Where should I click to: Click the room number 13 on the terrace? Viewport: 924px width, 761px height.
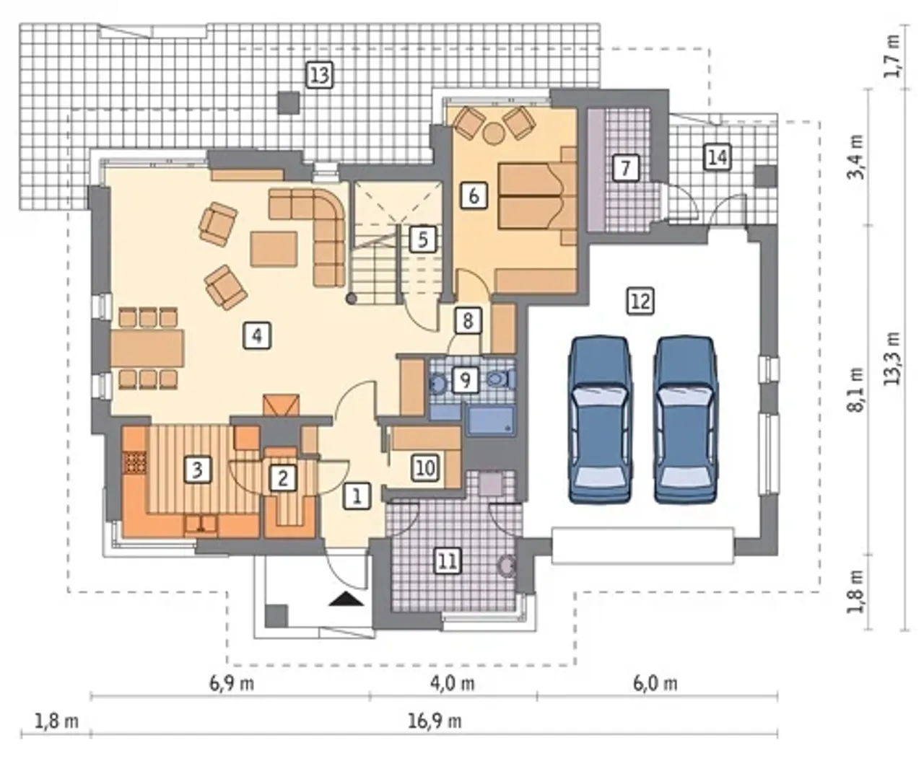[320, 75]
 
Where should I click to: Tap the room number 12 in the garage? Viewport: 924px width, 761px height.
[641, 302]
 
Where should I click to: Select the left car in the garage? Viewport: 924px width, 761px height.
[599, 420]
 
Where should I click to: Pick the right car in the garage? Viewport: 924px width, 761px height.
[686, 420]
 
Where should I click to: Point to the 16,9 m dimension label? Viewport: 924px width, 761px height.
[435, 721]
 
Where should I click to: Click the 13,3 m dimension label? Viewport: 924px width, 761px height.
[892, 358]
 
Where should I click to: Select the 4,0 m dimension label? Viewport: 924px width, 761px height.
[453, 684]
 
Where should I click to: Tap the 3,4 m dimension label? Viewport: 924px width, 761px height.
[855, 157]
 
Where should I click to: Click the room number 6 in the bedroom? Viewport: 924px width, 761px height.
[474, 195]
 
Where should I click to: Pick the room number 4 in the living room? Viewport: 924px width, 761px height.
[257, 335]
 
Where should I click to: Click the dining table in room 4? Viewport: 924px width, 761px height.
[147, 349]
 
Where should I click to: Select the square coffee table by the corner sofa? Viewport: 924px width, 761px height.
[274, 250]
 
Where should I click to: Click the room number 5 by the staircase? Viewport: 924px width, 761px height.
[422, 239]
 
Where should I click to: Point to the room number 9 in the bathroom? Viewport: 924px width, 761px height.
[465, 380]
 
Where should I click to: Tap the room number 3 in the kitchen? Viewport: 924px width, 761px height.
[197, 470]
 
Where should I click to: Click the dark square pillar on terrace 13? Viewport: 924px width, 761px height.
[289, 102]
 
